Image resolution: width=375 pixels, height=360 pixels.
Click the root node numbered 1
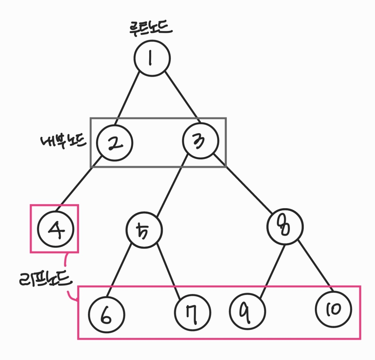point(152,58)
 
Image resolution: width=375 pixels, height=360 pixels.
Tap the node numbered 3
point(201,141)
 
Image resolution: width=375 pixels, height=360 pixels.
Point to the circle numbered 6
point(106,314)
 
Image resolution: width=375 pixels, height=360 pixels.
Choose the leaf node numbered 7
point(192,313)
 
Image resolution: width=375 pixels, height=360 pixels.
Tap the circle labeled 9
point(247,311)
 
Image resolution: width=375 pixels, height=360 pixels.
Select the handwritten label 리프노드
point(45,280)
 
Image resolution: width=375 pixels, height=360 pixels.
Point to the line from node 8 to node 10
point(315,264)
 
